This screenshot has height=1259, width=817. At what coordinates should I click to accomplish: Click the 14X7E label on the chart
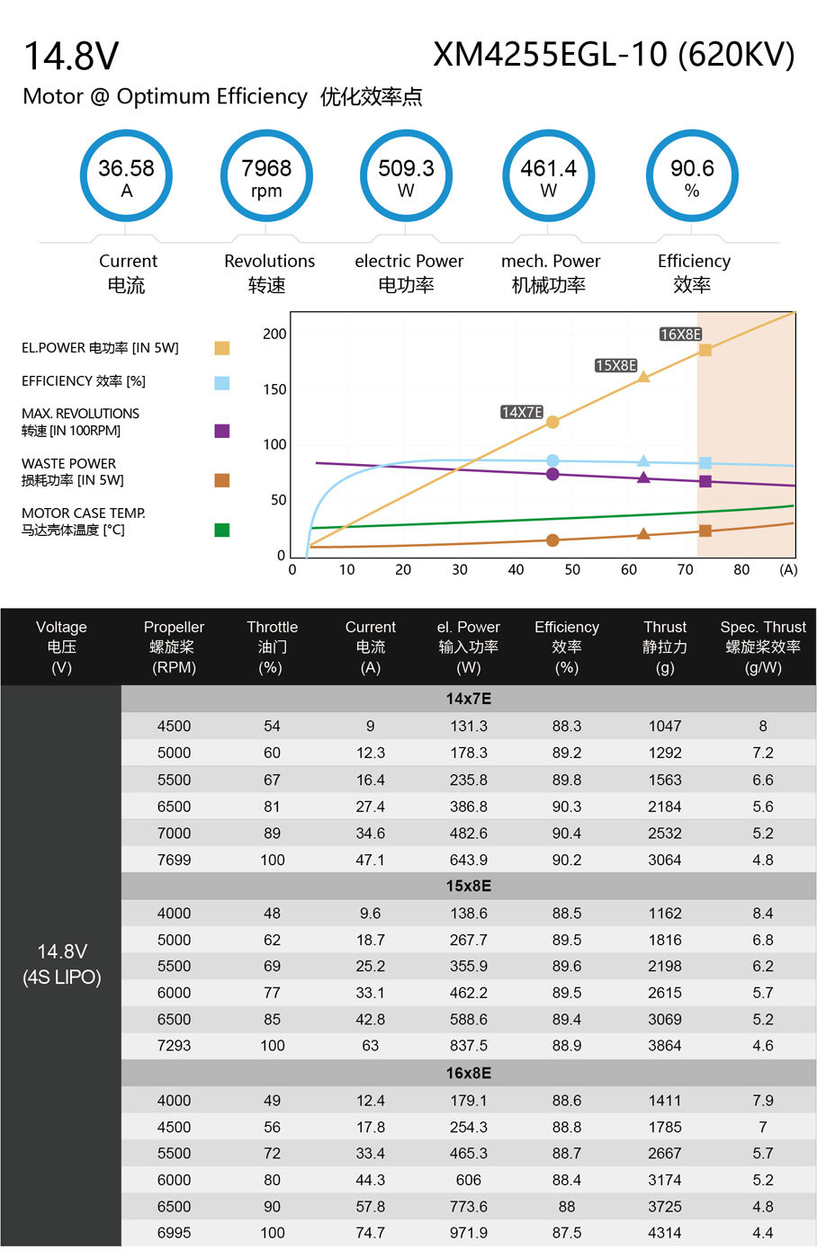[522, 413]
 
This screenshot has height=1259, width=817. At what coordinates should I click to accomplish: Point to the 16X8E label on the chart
[680, 335]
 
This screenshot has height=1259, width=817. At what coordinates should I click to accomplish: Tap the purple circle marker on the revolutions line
[552, 475]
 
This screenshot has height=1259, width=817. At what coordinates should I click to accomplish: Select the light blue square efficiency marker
[705, 463]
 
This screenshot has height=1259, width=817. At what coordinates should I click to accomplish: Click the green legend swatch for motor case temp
[222, 530]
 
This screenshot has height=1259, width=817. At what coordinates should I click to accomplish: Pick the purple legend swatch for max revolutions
[222, 431]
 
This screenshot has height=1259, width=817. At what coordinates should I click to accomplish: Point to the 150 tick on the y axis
[274, 389]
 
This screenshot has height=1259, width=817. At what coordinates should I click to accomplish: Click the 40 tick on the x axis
[516, 570]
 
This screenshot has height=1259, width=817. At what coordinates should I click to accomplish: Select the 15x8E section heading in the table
[469, 887]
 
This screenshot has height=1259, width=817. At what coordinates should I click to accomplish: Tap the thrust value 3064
[665, 860]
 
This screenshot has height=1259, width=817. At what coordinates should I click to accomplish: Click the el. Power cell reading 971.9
[469, 1233]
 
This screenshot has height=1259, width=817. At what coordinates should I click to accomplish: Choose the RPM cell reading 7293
[174, 1046]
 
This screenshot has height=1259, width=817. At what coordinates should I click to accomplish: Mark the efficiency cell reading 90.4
[566, 834]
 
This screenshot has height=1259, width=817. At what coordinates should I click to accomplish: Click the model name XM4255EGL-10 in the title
[551, 55]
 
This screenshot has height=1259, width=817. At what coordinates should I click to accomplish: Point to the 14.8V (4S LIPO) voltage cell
[62, 964]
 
